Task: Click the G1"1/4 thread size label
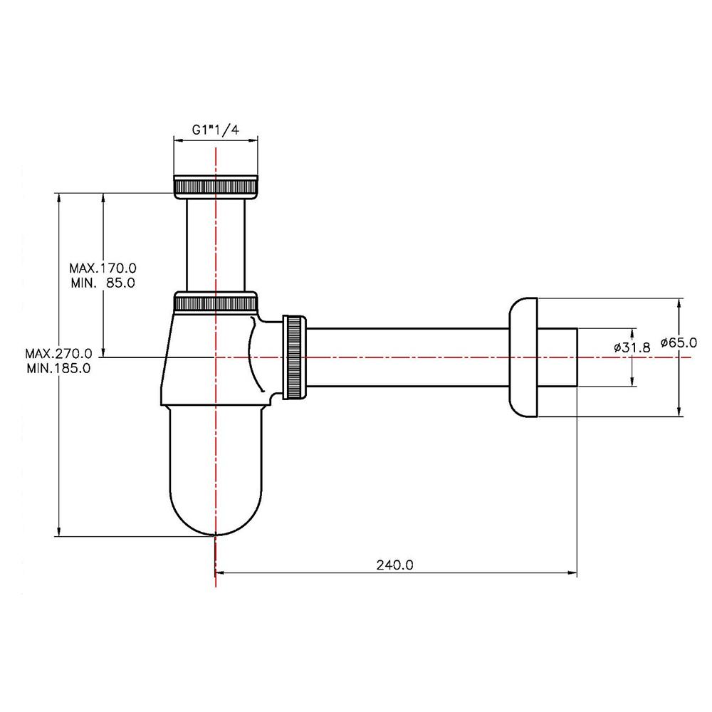pyautogui.click(x=215, y=130)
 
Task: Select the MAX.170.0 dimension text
pyautogui.click(x=103, y=268)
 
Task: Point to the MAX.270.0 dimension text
pyautogui.click(x=58, y=353)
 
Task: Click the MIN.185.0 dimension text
pyautogui.click(x=58, y=367)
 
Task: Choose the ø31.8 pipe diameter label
pyautogui.click(x=632, y=347)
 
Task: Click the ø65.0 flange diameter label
pyautogui.click(x=678, y=342)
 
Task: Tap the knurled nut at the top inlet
pyautogui.click(x=215, y=187)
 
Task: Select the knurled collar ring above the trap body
pyautogui.click(x=215, y=303)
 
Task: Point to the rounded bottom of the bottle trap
pyautogui.click(x=215, y=498)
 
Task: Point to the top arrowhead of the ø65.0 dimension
pyautogui.click(x=678, y=303)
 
